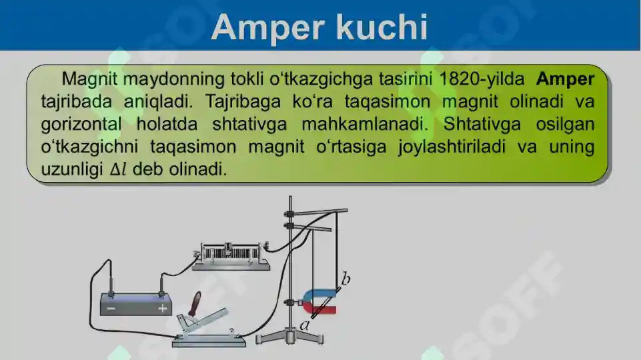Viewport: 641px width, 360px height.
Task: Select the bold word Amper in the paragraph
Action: (564, 79)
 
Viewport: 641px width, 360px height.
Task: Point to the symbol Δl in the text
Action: (118, 169)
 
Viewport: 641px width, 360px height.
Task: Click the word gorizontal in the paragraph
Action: (81, 125)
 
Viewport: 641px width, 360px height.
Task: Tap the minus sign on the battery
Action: (111, 309)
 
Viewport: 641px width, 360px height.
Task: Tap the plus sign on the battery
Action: (162, 309)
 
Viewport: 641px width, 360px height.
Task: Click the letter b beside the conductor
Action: (346, 277)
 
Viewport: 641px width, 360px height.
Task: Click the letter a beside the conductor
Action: (304, 325)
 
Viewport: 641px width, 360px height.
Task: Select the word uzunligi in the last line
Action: (71, 169)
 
